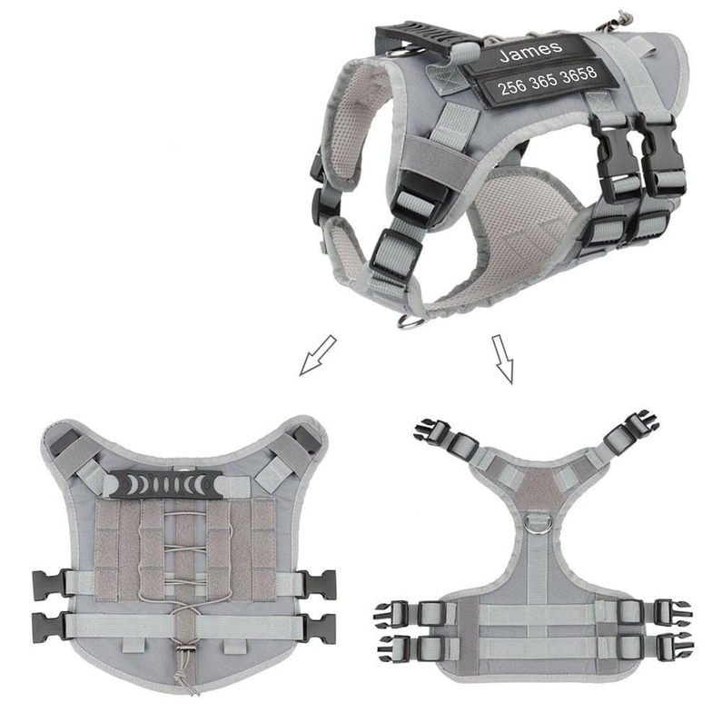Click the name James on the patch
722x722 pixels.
pyautogui.click(x=531, y=51)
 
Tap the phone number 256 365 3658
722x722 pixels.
pyautogui.click(x=548, y=80)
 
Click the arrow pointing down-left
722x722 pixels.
pyautogui.click(x=318, y=355)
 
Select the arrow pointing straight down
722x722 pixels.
pyautogui.click(x=502, y=359)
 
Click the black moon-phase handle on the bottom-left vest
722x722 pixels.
pyautogui.click(x=166, y=484)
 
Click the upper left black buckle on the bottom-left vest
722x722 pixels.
pyautogui.click(x=48, y=585)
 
